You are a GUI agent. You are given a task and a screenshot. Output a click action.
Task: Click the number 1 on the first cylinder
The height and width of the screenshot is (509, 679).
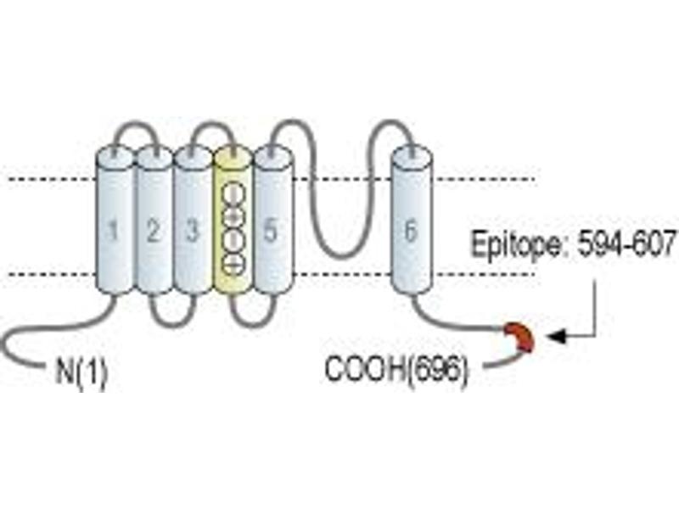(113, 231)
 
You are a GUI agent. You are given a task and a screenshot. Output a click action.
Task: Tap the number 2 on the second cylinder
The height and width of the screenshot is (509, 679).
(153, 231)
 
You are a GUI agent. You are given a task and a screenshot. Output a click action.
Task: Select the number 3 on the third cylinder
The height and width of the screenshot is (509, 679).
(192, 231)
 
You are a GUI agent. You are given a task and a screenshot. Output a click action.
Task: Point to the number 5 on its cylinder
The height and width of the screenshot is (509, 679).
(270, 231)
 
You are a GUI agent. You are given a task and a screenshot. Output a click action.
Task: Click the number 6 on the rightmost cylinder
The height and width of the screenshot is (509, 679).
(410, 231)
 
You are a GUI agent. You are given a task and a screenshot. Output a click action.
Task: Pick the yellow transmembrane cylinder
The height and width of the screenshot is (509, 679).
(233, 220)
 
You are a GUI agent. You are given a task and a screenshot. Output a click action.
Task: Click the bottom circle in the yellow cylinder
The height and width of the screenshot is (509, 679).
(233, 263)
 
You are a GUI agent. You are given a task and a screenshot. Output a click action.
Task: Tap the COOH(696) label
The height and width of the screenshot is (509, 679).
(396, 369)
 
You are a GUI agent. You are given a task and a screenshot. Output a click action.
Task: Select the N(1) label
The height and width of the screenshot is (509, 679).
(81, 372)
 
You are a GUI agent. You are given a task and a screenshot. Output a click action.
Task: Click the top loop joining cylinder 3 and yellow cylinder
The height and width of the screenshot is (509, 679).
(212, 125)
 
